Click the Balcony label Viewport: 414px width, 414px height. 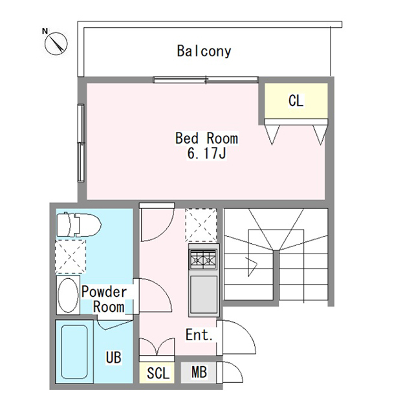point(204,51)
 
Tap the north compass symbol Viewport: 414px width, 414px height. point(56,43)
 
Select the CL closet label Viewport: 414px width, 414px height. point(296,101)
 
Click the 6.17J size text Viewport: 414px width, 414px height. point(206,153)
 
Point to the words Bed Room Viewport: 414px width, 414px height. point(206,138)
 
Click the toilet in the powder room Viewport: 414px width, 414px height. point(79,225)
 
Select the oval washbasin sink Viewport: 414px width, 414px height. point(68,295)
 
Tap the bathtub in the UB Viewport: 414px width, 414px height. point(74,352)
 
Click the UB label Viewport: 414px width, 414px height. point(114,357)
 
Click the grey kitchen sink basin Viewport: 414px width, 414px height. point(204,294)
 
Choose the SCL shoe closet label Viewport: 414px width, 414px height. point(158,373)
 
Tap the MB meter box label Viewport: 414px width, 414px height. point(199,372)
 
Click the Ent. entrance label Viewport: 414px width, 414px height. point(199,335)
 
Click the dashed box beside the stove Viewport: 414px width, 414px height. point(201,225)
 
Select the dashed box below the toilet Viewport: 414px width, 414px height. point(71,256)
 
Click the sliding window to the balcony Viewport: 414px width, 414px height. point(206,80)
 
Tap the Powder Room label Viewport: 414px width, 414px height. point(104,299)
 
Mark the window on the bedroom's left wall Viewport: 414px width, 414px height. point(81,143)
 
